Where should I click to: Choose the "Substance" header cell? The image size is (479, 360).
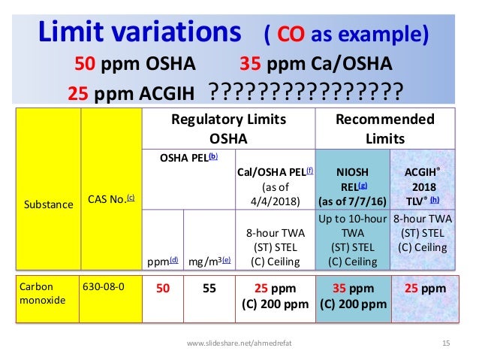click(x=47, y=204)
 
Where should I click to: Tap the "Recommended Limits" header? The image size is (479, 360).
click(x=384, y=129)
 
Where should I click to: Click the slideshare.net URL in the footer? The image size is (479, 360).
click(x=239, y=343)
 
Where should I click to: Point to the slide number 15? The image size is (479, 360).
click(x=446, y=343)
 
